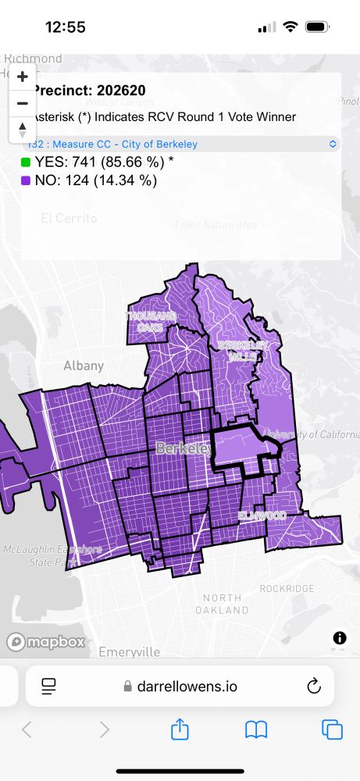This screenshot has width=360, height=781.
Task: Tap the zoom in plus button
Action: point(23,77)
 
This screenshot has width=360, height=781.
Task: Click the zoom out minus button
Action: point(23,103)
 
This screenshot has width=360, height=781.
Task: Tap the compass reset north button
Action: point(23,130)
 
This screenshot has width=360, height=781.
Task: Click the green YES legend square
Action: point(26,162)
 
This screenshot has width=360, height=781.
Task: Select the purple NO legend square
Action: point(26,180)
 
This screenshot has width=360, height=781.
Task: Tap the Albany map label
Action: point(84,366)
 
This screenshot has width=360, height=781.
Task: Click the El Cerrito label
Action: point(69,218)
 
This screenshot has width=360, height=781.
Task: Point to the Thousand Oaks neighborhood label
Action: point(152,322)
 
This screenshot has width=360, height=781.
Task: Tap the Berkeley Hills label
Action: point(244,351)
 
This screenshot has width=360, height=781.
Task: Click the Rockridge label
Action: point(287,588)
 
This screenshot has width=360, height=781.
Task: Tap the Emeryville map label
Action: point(130,651)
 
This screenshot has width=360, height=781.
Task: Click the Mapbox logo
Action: point(46,642)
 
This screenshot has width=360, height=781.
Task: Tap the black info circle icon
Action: point(340,638)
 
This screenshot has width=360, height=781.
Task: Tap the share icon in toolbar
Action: point(180,729)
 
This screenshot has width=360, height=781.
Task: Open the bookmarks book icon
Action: point(256,729)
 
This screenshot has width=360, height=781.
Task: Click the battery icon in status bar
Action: point(316,27)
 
